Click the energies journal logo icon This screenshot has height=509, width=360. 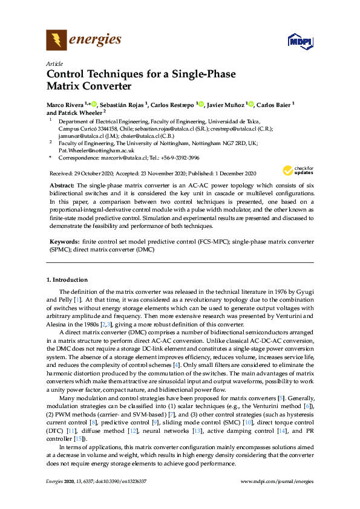(x=56, y=41)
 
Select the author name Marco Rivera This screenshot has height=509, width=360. (x=65, y=105)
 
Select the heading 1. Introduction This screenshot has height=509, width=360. (x=67, y=280)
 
